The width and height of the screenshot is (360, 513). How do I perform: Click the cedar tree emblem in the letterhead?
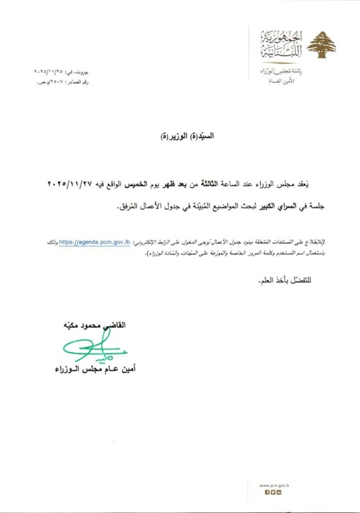coord(321,45)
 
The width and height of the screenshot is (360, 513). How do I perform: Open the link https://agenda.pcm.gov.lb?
coord(94,243)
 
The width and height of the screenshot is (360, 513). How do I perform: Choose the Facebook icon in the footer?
coord(267,492)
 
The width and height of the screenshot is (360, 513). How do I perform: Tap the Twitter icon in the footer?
coord(273,492)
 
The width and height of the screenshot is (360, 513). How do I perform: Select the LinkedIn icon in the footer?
coord(279,492)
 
